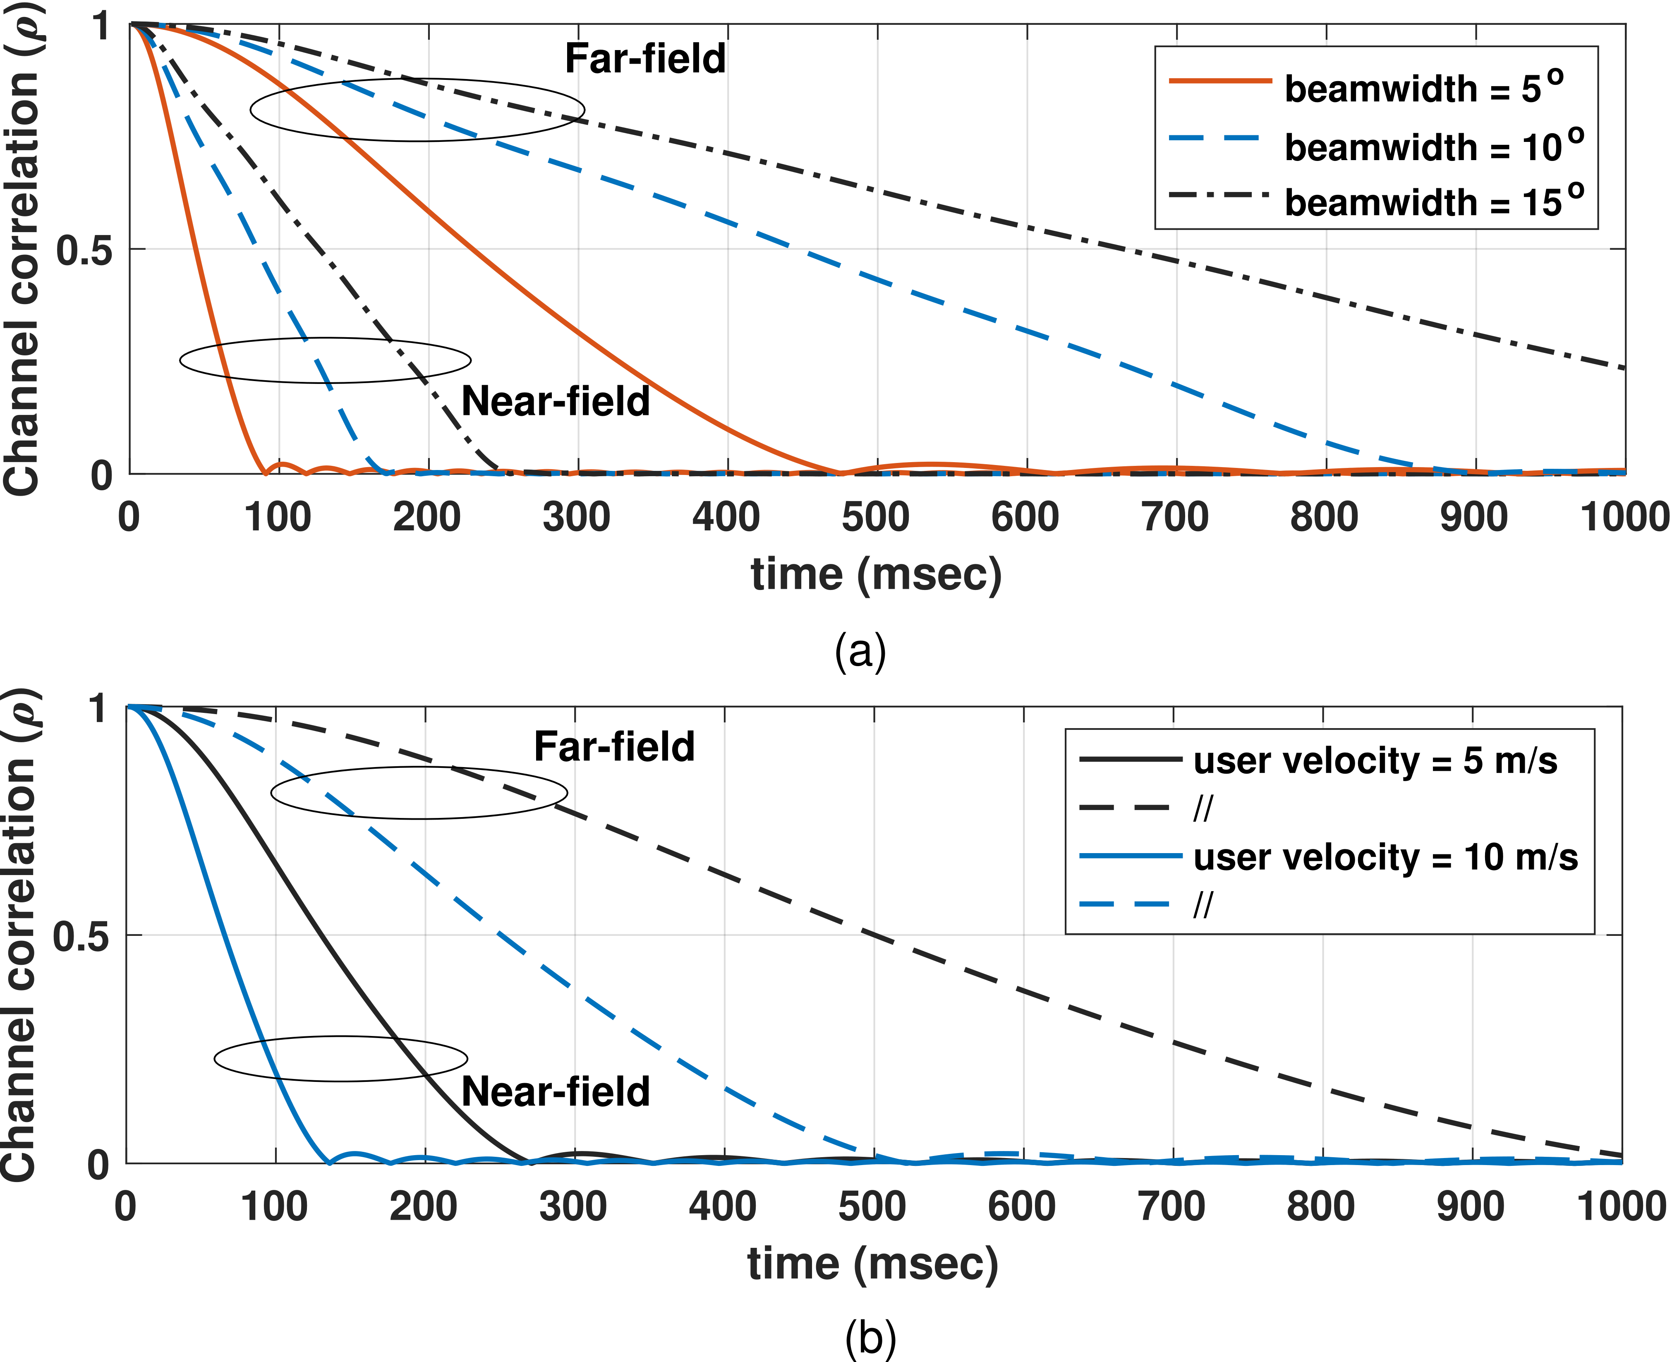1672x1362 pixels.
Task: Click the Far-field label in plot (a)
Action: (644, 59)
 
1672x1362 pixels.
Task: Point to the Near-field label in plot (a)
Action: (555, 401)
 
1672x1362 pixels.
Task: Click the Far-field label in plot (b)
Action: (614, 746)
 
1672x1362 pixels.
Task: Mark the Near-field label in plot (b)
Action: (555, 1091)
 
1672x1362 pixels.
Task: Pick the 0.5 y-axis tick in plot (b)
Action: (81, 936)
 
